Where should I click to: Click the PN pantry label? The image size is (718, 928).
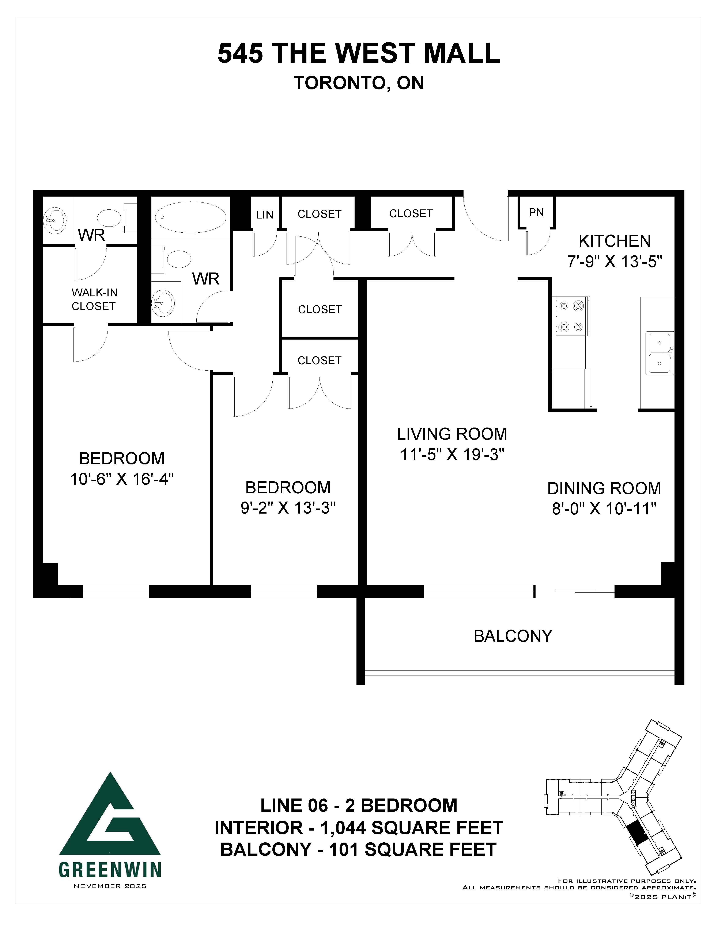click(x=536, y=212)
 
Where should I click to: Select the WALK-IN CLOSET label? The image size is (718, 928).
click(x=94, y=299)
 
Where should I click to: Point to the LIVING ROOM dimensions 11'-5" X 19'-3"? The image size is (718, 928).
click(x=452, y=455)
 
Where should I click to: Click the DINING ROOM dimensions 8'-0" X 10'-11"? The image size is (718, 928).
click(x=604, y=509)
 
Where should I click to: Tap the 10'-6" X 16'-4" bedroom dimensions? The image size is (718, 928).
click(x=122, y=479)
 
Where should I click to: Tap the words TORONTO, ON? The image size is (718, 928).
click(x=359, y=83)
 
